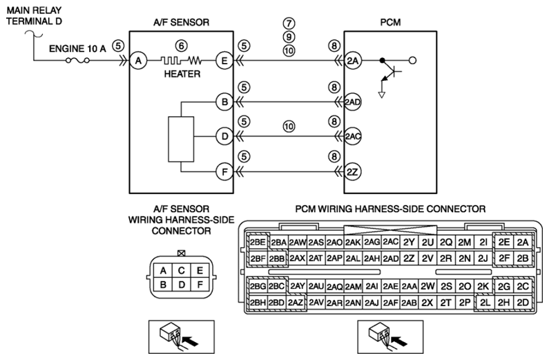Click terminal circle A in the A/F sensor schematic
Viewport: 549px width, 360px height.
point(138,61)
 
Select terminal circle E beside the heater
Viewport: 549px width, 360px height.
point(224,61)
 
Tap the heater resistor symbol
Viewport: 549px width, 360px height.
point(181,61)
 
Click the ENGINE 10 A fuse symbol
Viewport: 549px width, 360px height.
point(77,61)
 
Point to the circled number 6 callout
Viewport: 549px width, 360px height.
point(181,46)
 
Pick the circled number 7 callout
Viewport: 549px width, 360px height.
point(289,23)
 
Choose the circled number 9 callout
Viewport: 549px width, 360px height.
point(289,37)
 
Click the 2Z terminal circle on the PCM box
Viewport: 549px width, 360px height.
point(352,172)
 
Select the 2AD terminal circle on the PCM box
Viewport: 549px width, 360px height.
point(352,102)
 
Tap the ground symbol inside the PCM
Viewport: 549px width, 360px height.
point(382,95)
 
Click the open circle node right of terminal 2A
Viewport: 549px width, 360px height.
point(412,61)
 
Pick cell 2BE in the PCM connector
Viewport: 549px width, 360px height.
point(258,243)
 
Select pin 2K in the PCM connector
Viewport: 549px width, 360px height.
point(483,287)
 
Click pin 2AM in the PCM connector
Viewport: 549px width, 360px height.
point(353,287)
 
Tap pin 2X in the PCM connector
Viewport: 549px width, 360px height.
point(427,303)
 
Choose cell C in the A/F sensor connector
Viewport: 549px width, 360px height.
point(181,270)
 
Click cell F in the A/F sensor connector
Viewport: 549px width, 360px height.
point(200,285)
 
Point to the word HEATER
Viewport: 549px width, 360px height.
point(182,74)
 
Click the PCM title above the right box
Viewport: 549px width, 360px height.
point(390,22)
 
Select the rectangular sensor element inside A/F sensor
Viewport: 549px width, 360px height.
point(181,139)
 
